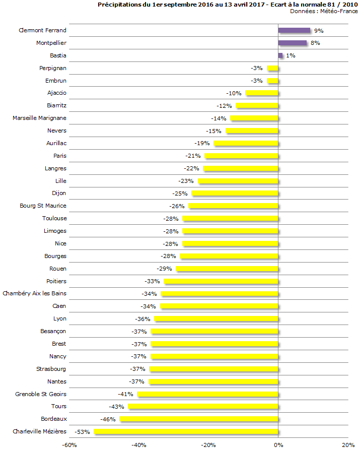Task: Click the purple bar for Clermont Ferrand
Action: (x=294, y=31)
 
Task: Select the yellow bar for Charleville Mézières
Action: (x=186, y=432)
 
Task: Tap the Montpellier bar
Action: (x=292, y=43)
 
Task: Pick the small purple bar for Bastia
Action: (x=280, y=55)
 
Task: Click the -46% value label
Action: (x=108, y=419)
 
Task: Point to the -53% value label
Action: (x=83, y=432)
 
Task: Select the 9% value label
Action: (x=319, y=31)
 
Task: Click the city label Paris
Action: (x=60, y=156)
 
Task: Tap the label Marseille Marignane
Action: (x=39, y=118)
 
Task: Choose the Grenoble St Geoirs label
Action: (x=41, y=394)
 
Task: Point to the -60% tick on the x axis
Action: (x=69, y=445)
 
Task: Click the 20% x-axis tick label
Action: (x=348, y=445)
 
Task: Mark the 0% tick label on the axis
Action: (x=278, y=445)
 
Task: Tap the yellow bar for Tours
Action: (x=203, y=407)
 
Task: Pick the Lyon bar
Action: (x=216, y=319)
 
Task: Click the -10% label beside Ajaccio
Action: (x=234, y=93)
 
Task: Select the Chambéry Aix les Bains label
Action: (x=35, y=293)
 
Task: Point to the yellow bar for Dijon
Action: (x=235, y=194)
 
